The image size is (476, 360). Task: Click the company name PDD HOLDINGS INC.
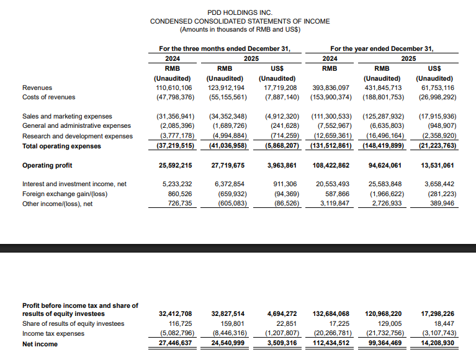point(240,12)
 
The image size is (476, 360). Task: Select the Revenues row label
point(37,88)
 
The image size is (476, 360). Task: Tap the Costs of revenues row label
point(48,97)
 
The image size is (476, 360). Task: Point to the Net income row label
point(40,344)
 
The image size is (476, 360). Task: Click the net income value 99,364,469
point(384,344)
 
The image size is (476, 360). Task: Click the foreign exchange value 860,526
point(177,194)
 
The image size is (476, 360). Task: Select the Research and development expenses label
point(78,136)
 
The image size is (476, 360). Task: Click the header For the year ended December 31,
point(382,48)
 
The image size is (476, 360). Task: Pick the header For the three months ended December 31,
point(224,48)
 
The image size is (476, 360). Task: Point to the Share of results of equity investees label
point(73,323)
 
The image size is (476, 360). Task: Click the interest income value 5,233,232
point(177,184)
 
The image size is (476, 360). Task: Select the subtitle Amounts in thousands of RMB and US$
point(240,30)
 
